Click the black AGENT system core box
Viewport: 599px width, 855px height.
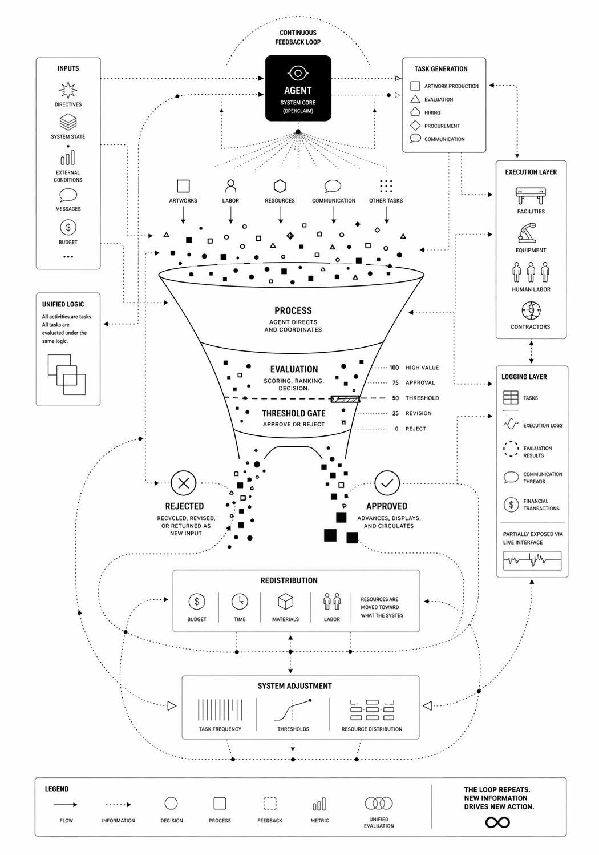click(298, 88)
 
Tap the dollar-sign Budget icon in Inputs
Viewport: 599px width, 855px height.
click(68, 227)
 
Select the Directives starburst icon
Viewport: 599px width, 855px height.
click(68, 90)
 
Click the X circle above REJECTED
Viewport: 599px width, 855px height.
click(183, 483)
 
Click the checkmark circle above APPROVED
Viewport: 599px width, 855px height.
click(387, 483)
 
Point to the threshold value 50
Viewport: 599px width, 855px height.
click(395, 398)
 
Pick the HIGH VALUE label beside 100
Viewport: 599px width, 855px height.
click(422, 368)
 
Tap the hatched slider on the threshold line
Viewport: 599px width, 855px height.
click(345, 399)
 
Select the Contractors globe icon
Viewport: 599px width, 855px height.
click(531, 311)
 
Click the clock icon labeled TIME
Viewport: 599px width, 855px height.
click(240, 602)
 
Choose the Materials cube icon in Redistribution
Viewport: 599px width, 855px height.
click(285, 602)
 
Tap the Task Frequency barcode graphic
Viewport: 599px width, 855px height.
click(220, 709)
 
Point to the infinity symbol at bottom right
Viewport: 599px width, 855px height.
click(497, 822)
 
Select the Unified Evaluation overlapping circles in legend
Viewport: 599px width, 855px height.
click(379, 804)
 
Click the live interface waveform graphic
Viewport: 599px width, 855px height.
click(532, 560)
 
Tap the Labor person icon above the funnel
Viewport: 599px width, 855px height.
click(230, 186)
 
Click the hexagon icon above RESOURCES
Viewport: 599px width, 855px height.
click(280, 186)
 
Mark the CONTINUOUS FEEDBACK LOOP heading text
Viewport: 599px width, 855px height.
click(298, 37)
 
